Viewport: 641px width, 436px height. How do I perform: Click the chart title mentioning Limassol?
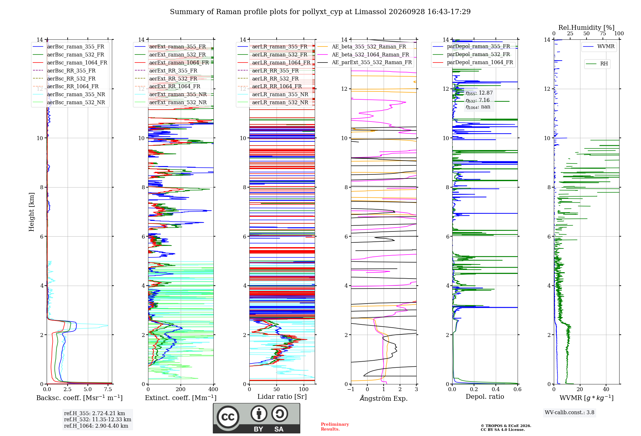coord(320,12)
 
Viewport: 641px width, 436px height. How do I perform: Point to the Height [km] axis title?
coord(31,212)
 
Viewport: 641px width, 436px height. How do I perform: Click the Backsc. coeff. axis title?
coord(79,398)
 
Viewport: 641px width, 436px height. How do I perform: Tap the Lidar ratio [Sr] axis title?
coord(282,397)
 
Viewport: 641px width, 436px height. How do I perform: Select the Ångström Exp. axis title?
coord(384,398)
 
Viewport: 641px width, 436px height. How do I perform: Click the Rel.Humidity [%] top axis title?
coord(587,28)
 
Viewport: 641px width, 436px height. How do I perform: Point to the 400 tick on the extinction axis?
coord(213,389)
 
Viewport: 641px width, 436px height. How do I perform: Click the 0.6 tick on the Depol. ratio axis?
coord(518,389)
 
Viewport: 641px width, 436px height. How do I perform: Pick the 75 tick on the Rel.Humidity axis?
coord(603,33)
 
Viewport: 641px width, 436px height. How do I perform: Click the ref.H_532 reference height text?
coord(97,419)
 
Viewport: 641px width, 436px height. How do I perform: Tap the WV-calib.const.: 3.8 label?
coord(570,412)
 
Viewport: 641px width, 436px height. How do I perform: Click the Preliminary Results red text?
coord(335,427)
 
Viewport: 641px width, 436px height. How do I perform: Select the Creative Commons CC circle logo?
coord(228,417)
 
